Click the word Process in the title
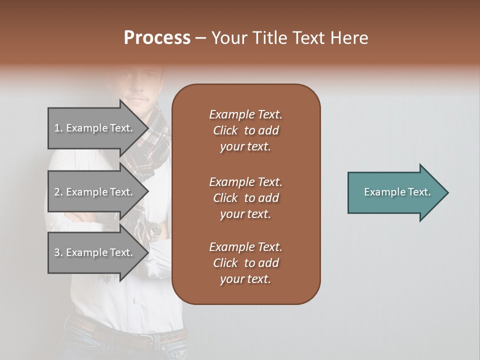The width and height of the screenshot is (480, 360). pos(157,38)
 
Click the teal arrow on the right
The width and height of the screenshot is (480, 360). pos(395,192)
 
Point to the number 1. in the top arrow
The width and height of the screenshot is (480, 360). pos(58,128)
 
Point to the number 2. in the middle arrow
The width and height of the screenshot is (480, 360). pos(58,192)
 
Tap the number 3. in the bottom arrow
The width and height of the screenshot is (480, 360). pos(58,253)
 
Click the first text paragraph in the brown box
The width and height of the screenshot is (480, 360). pos(245,130)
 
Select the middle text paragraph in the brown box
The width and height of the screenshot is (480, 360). pos(245,198)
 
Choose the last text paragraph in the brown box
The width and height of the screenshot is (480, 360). pos(245,263)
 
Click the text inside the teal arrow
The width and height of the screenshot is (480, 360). pos(397,192)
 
